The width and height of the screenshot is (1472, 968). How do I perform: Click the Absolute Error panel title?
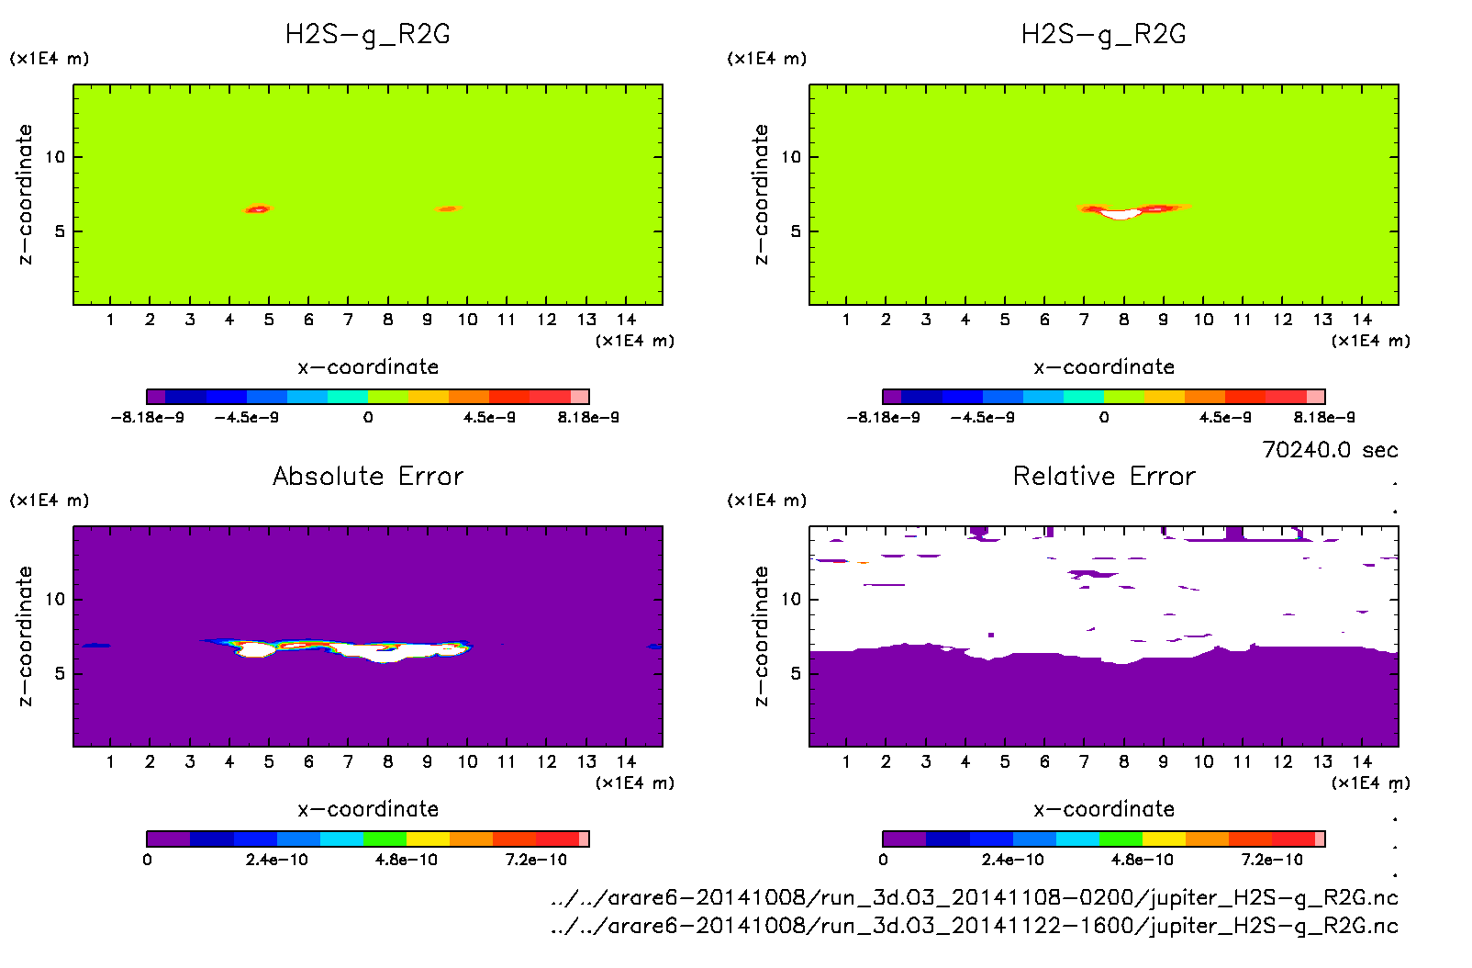(368, 476)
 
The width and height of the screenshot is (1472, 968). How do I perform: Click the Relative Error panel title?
(1104, 476)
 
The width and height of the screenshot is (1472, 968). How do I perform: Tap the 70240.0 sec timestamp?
(1330, 450)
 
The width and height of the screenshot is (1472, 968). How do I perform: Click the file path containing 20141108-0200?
(974, 897)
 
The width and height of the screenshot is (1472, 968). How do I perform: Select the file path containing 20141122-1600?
(974, 925)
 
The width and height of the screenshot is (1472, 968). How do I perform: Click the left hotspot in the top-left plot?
(258, 209)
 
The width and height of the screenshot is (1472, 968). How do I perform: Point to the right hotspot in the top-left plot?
(447, 209)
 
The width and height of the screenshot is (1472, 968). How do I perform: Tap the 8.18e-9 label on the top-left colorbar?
(588, 417)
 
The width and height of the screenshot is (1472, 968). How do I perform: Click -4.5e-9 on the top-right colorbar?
(982, 417)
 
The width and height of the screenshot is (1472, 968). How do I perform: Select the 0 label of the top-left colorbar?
(368, 417)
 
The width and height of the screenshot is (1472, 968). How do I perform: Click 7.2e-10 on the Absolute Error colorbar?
(536, 860)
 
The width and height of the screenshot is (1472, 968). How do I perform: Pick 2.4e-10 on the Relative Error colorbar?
(1012, 860)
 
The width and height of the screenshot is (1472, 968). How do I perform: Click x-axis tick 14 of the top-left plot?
(626, 320)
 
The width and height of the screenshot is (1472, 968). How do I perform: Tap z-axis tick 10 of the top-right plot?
(791, 157)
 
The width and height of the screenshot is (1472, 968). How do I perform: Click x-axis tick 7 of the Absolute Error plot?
(348, 761)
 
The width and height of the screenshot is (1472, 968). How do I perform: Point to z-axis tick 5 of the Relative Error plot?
(796, 673)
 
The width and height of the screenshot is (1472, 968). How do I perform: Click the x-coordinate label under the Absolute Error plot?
(368, 809)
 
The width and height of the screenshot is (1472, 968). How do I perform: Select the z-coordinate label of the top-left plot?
(25, 195)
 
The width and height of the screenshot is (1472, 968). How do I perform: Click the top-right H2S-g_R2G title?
(1104, 35)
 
